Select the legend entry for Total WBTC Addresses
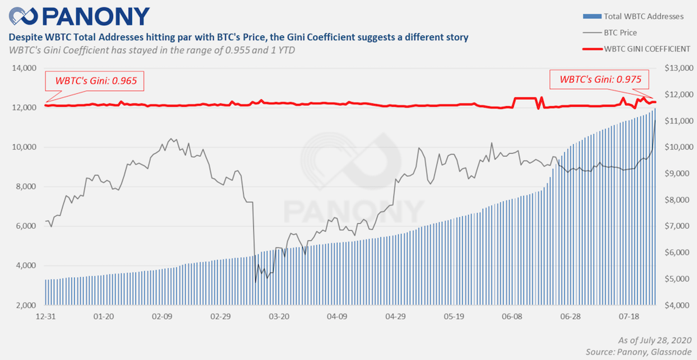tap(636, 14)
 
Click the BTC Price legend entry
tap(619, 31)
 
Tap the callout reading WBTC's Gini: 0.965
tap(96, 81)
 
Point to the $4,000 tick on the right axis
tap(679, 306)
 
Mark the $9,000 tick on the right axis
tap(679, 174)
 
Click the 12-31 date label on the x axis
tap(45, 317)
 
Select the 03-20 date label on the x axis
tap(279, 317)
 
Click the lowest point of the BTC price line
tap(255, 281)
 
